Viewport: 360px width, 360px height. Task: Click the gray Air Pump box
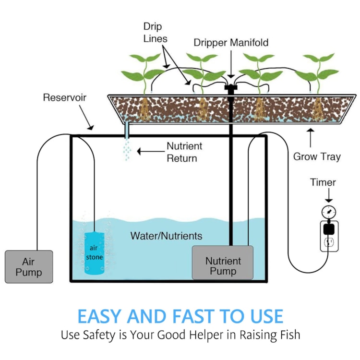(29, 266)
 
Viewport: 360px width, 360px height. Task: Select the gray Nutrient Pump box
(223, 263)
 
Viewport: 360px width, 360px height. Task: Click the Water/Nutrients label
(166, 236)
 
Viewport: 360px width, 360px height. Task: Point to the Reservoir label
(65, 98)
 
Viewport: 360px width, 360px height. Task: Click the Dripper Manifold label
(231, 43)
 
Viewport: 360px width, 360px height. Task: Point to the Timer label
(323, 182)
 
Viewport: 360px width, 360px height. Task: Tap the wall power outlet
(330, 236)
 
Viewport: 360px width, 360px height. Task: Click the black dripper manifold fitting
(230, 89)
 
